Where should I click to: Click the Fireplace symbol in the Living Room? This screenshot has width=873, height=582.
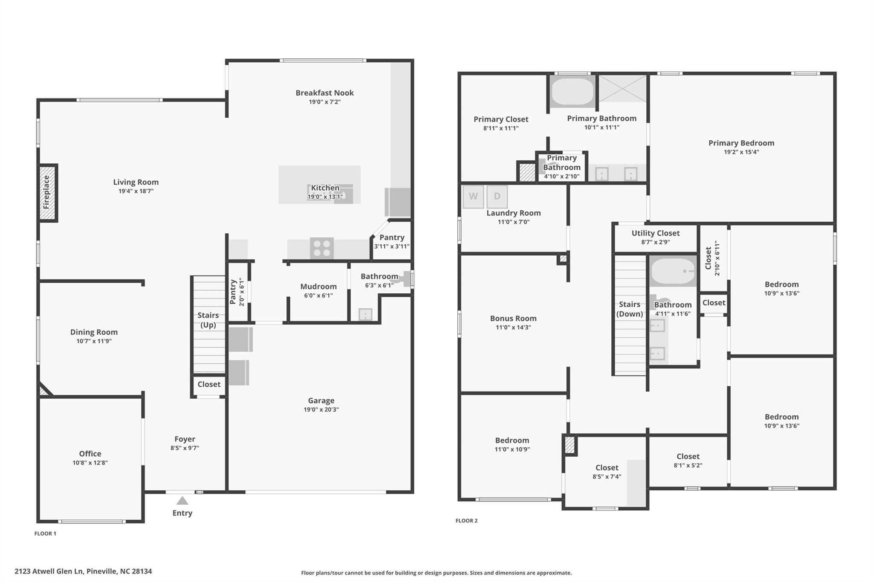coord(48,193)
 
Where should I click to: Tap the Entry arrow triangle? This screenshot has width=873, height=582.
coord(182,501)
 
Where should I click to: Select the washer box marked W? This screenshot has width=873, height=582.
coord(473,197)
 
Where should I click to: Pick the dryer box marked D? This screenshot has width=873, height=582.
coord(497,197)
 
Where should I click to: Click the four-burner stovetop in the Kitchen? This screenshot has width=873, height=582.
coord(322,248)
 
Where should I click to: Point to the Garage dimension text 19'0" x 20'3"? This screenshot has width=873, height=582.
coord(321,410)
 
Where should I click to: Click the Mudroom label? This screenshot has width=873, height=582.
coord(318,287)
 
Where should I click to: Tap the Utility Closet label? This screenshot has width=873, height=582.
coord(656,233)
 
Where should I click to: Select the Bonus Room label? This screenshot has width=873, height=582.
coord(513,319)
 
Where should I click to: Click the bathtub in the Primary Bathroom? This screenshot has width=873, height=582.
coord(572,91)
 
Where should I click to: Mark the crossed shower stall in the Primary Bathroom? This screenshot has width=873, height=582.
coord(623,89)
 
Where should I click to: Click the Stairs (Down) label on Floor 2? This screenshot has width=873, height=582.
coord(630,309)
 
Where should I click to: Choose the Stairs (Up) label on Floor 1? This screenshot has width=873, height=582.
coord(208,320)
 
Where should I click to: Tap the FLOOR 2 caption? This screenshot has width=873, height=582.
coord(466,521)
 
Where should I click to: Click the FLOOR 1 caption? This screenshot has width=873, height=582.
coord(45,533)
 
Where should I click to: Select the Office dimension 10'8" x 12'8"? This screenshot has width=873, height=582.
coord(90,463)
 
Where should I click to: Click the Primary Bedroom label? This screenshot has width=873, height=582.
coord(741,143)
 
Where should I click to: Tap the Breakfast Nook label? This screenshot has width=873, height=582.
coord(325,93)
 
